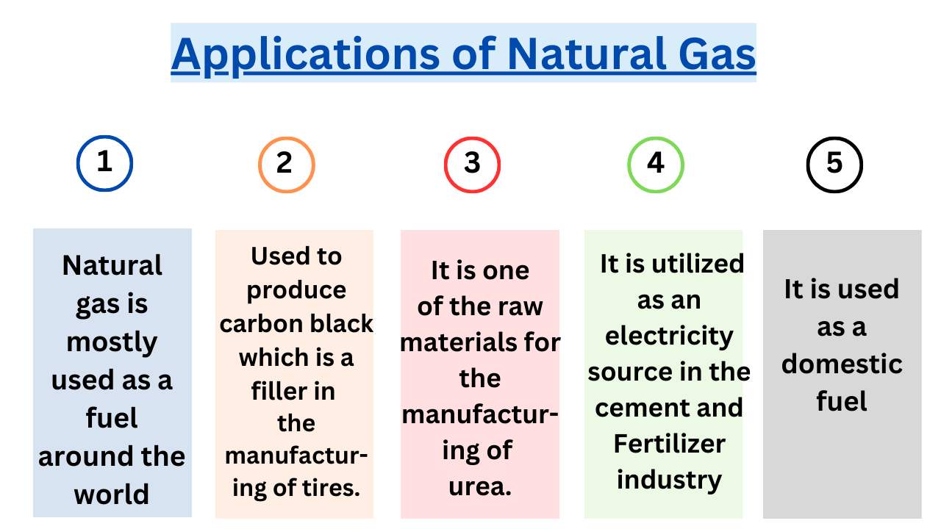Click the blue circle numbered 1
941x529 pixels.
104,163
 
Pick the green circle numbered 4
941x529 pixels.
655,164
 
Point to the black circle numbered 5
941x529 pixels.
834,164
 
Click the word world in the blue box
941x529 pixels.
112,494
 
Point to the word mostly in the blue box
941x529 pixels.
112,342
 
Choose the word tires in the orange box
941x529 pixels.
332,488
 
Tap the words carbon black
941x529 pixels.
296,323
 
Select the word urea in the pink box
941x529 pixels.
479,486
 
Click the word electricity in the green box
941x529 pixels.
669,336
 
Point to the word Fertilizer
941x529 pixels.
669,444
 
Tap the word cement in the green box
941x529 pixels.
637,408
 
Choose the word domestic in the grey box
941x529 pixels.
842,364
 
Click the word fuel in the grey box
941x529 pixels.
842,401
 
